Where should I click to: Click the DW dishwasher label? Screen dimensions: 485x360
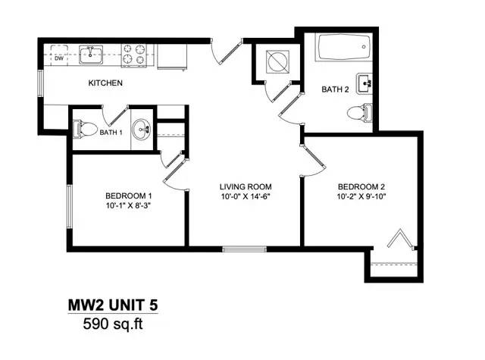pyautogui.click(x=59, y=58)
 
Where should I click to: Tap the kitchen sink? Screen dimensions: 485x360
pyautogui.click(x=91, y=55)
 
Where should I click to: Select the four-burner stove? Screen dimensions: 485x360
pyautogui.click(x=133, y=55)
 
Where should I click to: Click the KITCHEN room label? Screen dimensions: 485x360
pyautogui.click(x=105, y=83)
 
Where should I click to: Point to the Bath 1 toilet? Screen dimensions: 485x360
pyautogui.click(x=84, y=130)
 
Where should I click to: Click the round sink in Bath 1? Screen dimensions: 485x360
pyautogui.click(x=142, y=129)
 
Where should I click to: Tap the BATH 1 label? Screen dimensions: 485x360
pyautogui.click(x=111, y=133)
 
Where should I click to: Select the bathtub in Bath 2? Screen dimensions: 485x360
pyautogui.click(x=343, y=47)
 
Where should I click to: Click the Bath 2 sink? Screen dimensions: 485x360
pyautogui.click(x=365, y=83)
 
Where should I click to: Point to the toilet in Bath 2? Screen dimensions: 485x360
pyautogui.click(x=359, y=113)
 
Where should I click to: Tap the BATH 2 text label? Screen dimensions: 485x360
pyautogui.click(x=335, y=89)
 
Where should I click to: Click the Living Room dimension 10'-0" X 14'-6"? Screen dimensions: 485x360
pyautogui.click(x=246, y=196)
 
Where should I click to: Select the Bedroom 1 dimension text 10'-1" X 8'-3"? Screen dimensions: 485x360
pyautogui.click(x=129, y=205)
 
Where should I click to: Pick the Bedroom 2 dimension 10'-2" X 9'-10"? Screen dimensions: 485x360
pyautogui.click(x=361, y=196)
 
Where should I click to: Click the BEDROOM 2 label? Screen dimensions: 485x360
pyautogui.click(x=361, y=186)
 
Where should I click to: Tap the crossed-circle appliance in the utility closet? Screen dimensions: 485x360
pyautogui.click(x=277, y=61)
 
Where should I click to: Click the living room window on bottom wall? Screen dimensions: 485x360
pyautogui.click(x=244, y=249)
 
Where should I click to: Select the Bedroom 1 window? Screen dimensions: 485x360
pyautogui.click(x=70, y=207)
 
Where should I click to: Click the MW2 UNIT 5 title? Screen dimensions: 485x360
pyautogui.click(x=113, y=305)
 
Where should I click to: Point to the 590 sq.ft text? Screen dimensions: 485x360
pyautogui.click(x=113, y=324)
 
